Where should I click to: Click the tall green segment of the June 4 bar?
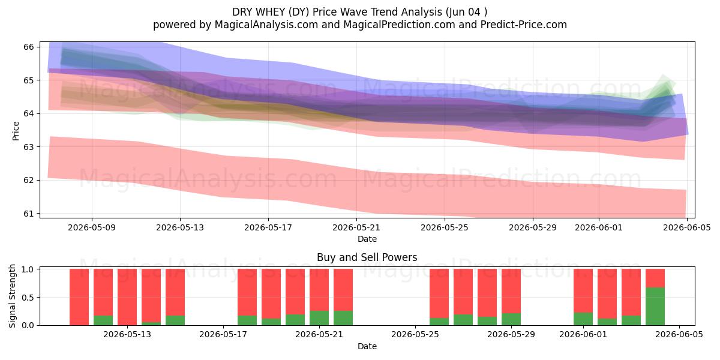[x=655, y=307]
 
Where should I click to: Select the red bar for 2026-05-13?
[x=127, y=297]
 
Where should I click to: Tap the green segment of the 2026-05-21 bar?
[x=319, y=318]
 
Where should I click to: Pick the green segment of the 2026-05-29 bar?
[x=511, y=319]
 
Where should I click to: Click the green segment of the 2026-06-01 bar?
[x=583, y=319]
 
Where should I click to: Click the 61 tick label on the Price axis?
[x=29, y=214]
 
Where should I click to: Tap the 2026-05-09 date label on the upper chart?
[x=92, y=227]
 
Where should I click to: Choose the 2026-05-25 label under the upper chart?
[x=445, y=227]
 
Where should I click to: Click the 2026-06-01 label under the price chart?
[x=599, y=227]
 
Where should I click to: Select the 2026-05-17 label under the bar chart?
[x=223, y=335]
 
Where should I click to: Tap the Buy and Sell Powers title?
[x=367, y=257]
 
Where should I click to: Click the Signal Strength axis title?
[x=12, y=296]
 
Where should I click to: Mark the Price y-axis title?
[x=16, y=131]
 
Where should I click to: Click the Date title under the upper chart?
[x=367, y=239]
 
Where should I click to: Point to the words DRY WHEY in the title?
[x=259, y=12]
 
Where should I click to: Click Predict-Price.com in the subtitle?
[x=524, y=25]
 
